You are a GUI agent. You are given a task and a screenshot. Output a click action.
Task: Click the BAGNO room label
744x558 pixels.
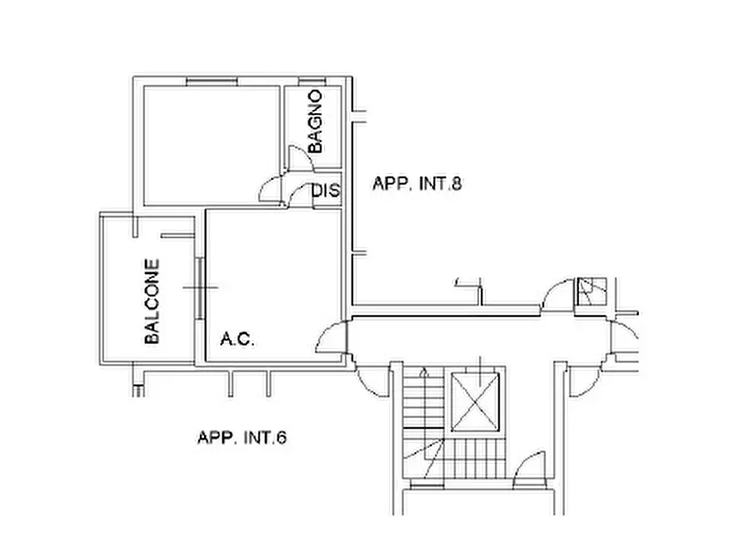tap(315, 122)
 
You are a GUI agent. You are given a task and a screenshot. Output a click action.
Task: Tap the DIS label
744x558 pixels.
tap(326, 190)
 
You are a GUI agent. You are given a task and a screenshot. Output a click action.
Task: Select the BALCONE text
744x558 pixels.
tap(152, 301)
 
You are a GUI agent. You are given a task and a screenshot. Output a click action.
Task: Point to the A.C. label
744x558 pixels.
tap(237, 339)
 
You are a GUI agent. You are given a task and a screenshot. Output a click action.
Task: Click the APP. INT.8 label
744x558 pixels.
tap(417, 183)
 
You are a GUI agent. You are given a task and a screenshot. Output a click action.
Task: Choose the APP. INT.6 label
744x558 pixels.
tap(242, 437)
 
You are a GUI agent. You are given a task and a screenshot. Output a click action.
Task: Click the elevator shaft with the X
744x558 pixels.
tap(475, 402)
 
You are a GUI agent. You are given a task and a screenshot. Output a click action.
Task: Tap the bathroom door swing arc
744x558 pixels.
tap(301, 158)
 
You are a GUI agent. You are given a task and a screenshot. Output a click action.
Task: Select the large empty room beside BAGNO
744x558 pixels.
tap(212, 146)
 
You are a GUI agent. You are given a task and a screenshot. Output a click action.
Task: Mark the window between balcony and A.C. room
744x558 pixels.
tap(200, 288)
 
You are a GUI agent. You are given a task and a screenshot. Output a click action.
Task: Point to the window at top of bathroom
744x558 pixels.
tap(312, 81)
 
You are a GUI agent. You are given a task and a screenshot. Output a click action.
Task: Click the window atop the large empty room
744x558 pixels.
tap(212, 81)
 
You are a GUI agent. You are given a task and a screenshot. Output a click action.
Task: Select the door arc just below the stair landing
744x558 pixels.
tap(529, 470)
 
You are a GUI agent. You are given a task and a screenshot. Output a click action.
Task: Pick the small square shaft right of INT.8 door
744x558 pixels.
tap(592, 291)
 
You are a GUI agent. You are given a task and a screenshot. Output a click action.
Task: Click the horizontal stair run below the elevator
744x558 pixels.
tap(476, 458)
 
